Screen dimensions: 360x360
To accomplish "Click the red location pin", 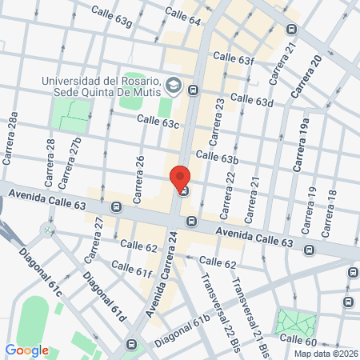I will coord(180,178).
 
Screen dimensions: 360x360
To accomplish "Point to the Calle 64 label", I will coord(183,15).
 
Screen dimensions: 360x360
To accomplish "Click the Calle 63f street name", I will coord(234,58).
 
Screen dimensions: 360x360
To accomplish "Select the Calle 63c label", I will coord(158,121).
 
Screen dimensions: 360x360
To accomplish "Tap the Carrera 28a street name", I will coord(12,137).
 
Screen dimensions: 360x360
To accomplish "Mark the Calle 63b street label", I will coord(217,158).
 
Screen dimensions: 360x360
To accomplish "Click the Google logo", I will coord(26,350).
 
